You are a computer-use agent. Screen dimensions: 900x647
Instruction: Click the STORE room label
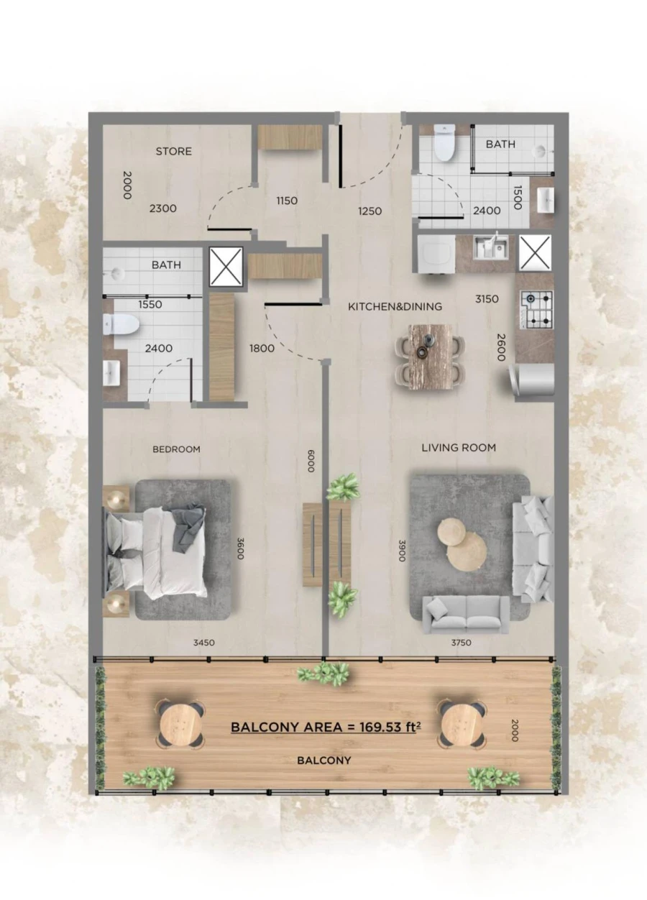tap(174, 152)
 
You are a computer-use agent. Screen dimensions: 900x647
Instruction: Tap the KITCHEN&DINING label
tap(395, 307)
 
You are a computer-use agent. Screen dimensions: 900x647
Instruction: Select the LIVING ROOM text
tap(459, 448)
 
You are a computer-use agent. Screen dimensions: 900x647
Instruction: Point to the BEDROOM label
tap(176, 449)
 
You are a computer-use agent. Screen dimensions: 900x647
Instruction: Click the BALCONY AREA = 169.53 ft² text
tap(325, 727)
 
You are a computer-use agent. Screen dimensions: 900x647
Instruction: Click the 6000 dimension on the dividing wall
tap(311, 461)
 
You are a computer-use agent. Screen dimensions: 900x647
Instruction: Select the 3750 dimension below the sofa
tap(460, 643)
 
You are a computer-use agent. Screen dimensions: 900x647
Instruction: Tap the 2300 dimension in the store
tap(163, 208)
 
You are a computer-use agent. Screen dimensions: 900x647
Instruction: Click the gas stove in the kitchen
tap(536, 309)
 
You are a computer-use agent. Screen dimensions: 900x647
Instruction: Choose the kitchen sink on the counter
tap(494, 247)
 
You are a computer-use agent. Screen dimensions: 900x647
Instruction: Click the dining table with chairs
tap(431, 357)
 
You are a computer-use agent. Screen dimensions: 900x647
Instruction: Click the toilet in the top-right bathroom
tap(444, 144)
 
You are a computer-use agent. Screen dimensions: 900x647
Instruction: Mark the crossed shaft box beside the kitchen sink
tap(534, 252)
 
